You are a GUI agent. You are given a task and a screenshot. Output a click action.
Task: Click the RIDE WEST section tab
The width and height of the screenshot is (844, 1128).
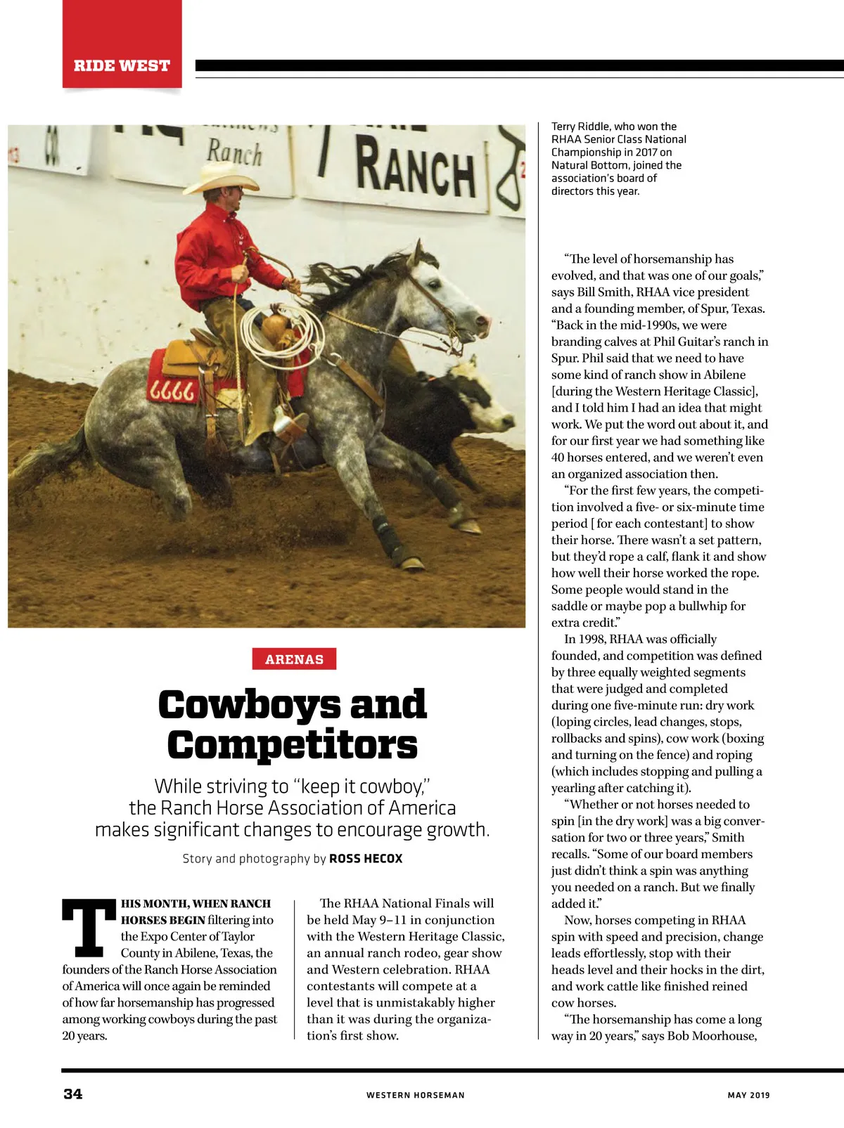[x=122, y=65]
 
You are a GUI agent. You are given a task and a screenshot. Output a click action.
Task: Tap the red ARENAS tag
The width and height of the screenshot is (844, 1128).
[x=294, y=659]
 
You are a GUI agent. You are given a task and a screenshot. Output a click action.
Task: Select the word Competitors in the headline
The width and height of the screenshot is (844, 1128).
[x=293, y=746]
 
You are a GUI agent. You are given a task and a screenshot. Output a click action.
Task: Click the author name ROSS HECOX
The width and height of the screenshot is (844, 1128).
[x=366, y=859]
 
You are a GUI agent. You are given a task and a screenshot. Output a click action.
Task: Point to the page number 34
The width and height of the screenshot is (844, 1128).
[x=73, y=1094]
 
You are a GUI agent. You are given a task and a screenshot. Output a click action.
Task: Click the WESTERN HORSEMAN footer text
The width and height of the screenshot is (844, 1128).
[x=415, y=1095]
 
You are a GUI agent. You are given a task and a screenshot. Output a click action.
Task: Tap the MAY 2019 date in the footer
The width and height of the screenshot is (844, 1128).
[x=748, y=1095]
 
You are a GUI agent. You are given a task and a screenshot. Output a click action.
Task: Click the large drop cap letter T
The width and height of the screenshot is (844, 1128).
[x=89, y=928]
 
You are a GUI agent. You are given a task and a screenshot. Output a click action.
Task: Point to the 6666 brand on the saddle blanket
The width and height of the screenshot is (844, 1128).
[x=172, y=391]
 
